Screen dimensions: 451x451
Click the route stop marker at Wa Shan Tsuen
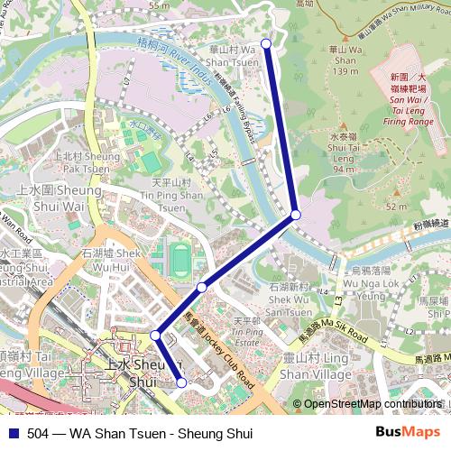click(265, 43)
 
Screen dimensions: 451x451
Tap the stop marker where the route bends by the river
click(296, 216)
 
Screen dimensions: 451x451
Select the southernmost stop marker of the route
click(181, 382)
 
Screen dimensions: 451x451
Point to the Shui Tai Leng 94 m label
click(343, 153)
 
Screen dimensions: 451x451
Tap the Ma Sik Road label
click(334, 332)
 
